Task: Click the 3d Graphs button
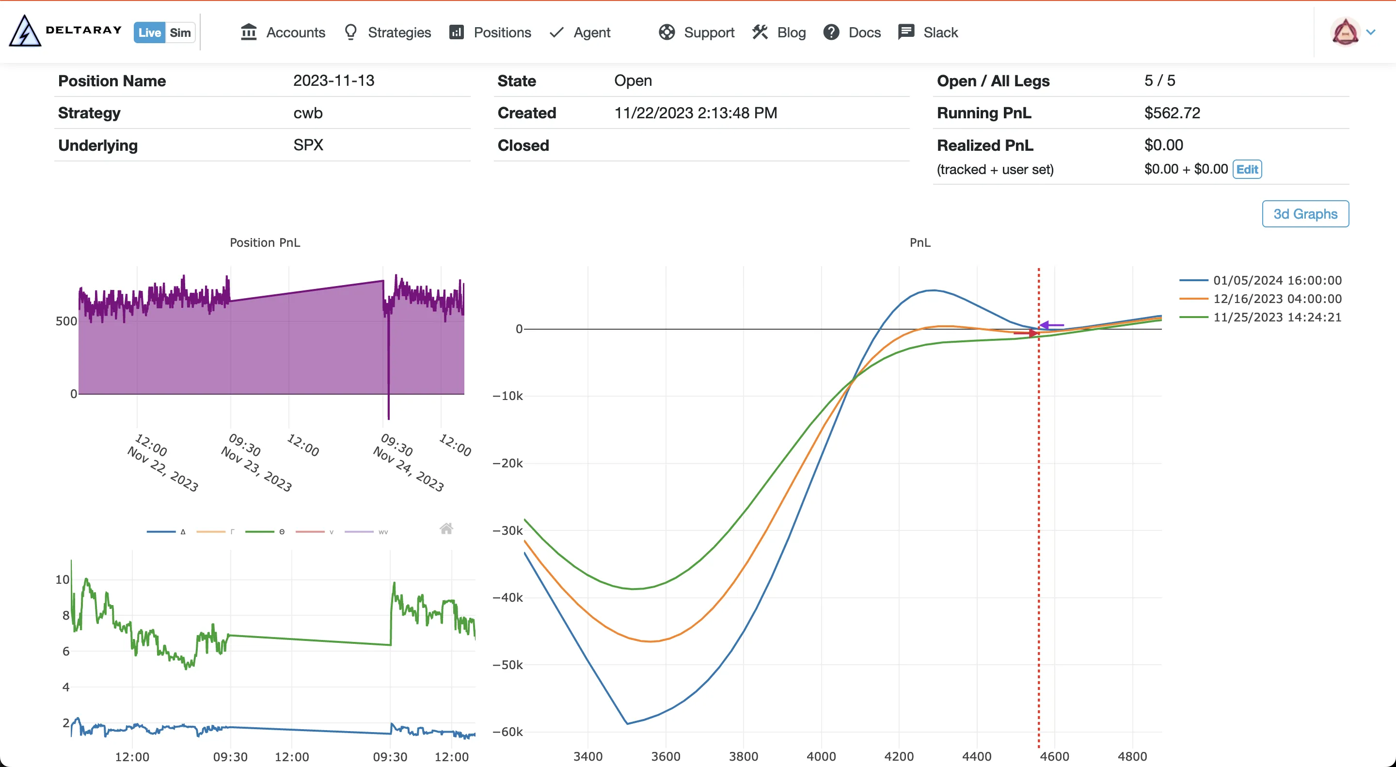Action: coord(1305,214)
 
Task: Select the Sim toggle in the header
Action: coord(180,32)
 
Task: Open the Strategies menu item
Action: coord(387,32)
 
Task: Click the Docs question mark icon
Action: coord(831,32)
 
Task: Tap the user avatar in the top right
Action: coord(1345,32)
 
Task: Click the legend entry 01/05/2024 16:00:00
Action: coord(1277,280)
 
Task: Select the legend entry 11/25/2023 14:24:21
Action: coord(1277,317)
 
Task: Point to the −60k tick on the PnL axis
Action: coord(508,732)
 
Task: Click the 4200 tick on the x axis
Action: coord(899,756)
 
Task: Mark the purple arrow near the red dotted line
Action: coord(1051,325)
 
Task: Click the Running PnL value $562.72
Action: coord(1172,113)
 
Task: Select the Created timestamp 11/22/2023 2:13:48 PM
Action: coord(695,113)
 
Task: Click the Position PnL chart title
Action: coord(265,242)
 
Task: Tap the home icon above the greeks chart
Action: coord(446,528)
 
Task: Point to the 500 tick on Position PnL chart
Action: coord(66,321)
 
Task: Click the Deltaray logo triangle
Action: coord(24,32)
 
